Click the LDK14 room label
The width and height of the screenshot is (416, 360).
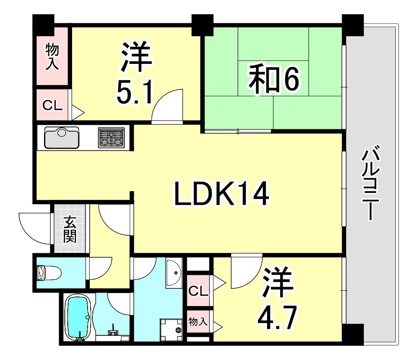[221, 194]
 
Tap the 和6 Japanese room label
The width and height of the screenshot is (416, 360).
[274, 79]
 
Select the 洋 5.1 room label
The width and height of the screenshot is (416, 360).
[136, 73]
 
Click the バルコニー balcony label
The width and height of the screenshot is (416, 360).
[371, 182]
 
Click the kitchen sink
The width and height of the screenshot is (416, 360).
[62, 138]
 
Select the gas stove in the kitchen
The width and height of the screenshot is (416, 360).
[111, 137]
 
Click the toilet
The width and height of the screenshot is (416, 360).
[49, 272]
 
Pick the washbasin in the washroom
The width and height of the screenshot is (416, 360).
[174, 272]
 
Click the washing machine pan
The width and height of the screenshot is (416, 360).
[171, 329]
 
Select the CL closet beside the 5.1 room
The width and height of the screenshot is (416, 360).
[53, 105]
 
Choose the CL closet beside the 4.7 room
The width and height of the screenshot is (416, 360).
[198, 291]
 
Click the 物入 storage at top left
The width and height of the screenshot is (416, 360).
[52, 57]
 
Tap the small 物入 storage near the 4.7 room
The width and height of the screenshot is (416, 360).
[198, 322]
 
